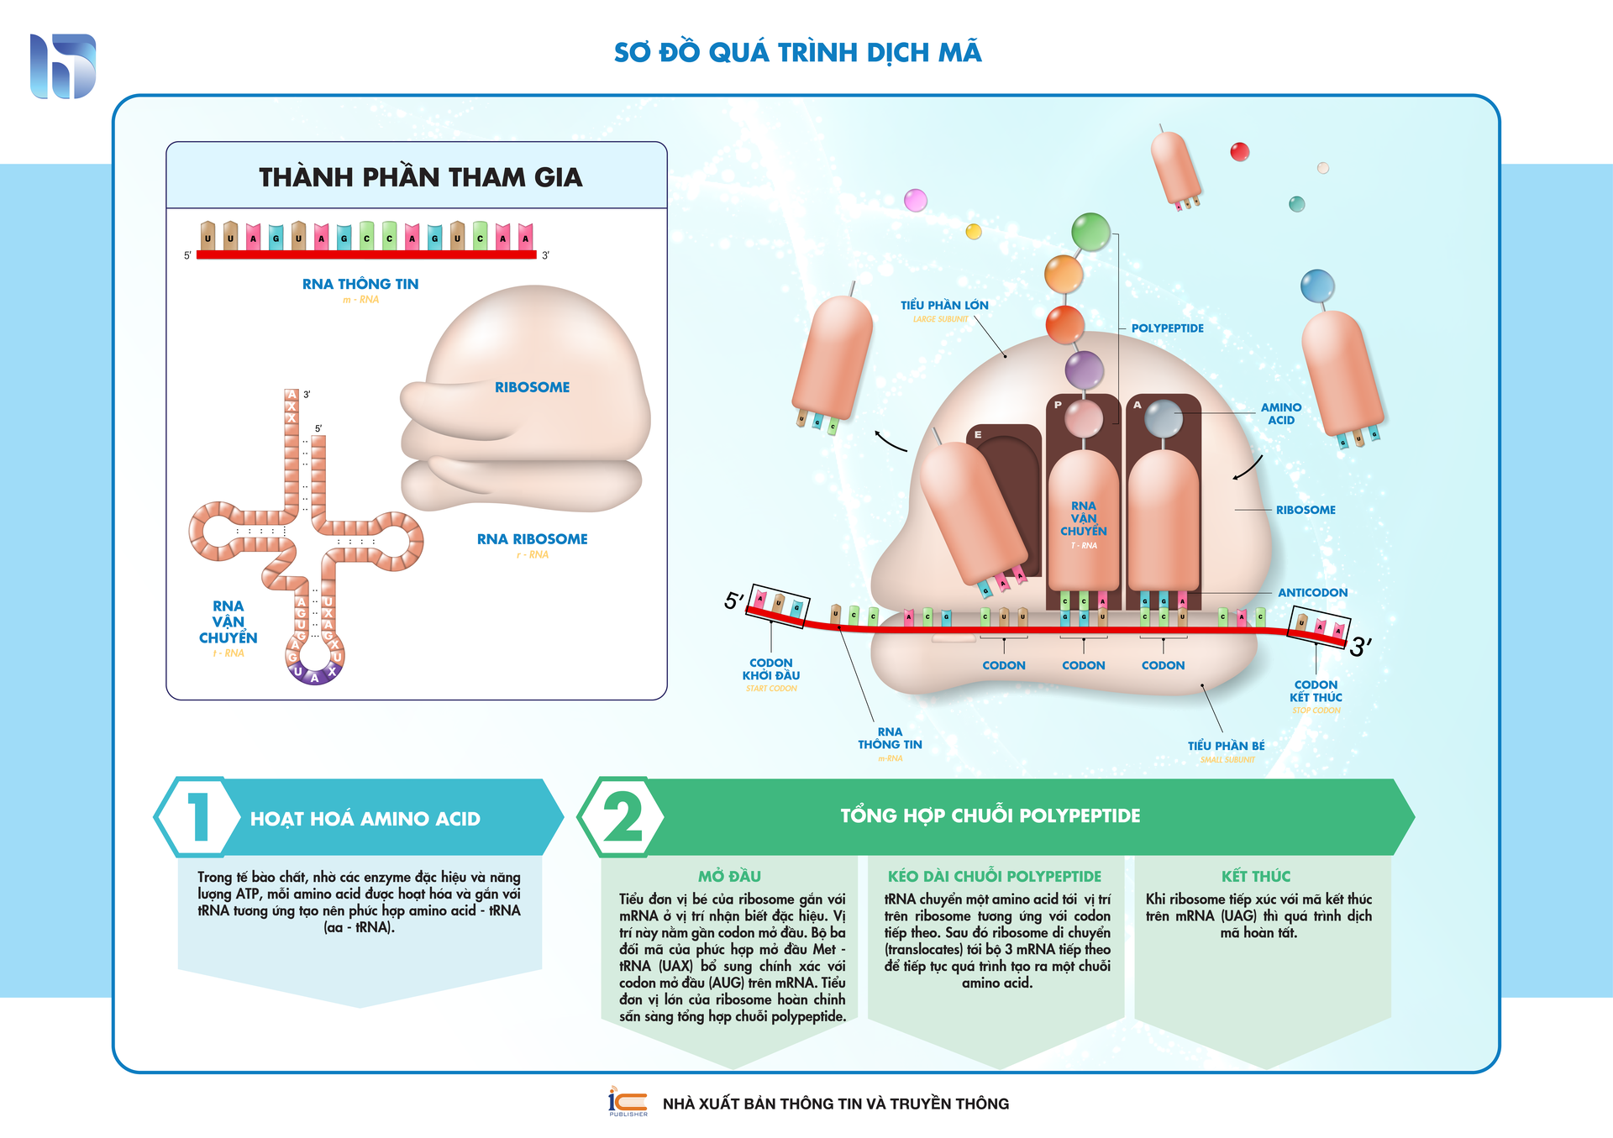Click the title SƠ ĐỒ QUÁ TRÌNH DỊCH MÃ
coord(797,52)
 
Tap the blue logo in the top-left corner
coord(63,66)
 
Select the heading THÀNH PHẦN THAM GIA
coord(420,177)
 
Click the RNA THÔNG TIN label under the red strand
coord(360,284)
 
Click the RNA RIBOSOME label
coord(532,539)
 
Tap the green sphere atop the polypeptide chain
coord(1090,231)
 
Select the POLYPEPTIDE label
coord(1167,328)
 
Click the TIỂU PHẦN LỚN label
coord(944,306)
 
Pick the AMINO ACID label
coord(1280,413)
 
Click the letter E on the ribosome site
coord(978,435)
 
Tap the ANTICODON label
coord(1312,593)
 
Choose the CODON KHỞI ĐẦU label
coord(770,669)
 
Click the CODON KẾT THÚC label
coord(1316,691)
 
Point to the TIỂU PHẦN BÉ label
coord(1226,746)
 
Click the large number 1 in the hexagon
coord(199,816)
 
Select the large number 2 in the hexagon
coord(623,816)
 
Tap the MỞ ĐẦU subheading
coord(729,876)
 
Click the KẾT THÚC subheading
coord(1255,876)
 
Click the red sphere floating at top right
coord(1239,152)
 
